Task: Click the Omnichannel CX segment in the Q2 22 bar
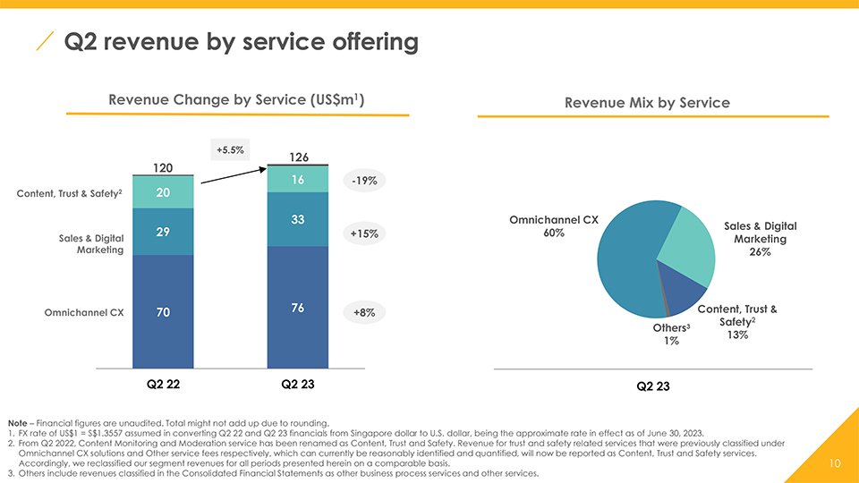[163, 311]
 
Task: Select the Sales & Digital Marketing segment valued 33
[297, 219]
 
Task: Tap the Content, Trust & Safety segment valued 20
[163, 192]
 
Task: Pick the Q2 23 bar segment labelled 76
[297, 307]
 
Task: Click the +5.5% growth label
[230, 149]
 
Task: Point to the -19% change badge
[364, 181]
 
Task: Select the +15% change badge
[364, 233]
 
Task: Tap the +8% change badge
[364, 313]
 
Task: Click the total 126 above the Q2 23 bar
[299, 157]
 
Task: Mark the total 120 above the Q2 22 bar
[163, 167]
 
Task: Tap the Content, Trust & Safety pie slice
[682, 289]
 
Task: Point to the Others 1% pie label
[671, 334]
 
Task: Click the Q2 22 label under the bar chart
[163, 384]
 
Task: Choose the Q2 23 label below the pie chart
[653, 386]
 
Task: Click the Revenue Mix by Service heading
[647, 103]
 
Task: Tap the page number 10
[834, 463]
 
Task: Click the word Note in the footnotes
[17, 423]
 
